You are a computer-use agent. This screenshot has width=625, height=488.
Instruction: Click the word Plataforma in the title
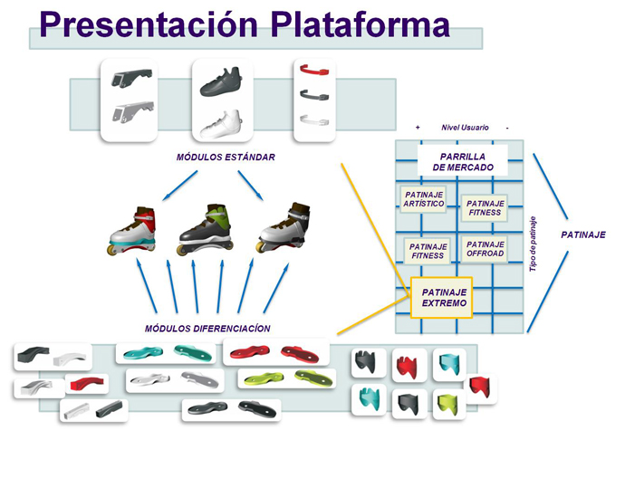click(x=360, y=24)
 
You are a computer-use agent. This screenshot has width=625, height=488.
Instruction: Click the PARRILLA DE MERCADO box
click(x=462, y=162)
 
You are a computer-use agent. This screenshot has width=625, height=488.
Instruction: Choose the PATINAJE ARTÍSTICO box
click(x=423, y=198)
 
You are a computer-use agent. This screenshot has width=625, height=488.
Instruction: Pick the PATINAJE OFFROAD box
click(x=485, y=248)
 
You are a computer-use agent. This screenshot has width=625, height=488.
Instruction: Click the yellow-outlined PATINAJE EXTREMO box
click(x=444, y=298)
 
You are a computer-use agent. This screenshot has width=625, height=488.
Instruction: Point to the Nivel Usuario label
click(x=465, y=128)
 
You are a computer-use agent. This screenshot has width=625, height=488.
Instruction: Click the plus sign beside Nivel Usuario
click(x=418, y=128)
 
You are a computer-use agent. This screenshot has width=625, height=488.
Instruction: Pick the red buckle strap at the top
click(x=312, y=70)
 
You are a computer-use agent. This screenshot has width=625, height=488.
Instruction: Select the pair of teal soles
click(x=169, y=351)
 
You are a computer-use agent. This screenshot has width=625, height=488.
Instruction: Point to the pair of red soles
click(x=277, y=351)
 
